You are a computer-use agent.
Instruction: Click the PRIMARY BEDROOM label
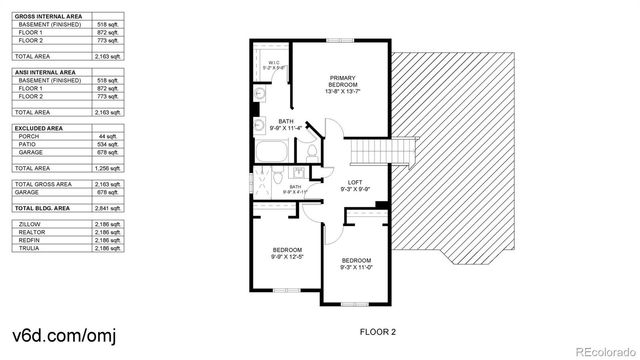coord(342,81)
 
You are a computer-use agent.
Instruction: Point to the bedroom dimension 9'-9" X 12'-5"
coord(287,257)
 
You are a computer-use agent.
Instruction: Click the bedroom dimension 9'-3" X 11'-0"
coord(356,267)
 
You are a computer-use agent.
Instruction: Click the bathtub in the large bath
coord(272,153)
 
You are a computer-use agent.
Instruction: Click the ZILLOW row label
coord(30,225)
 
